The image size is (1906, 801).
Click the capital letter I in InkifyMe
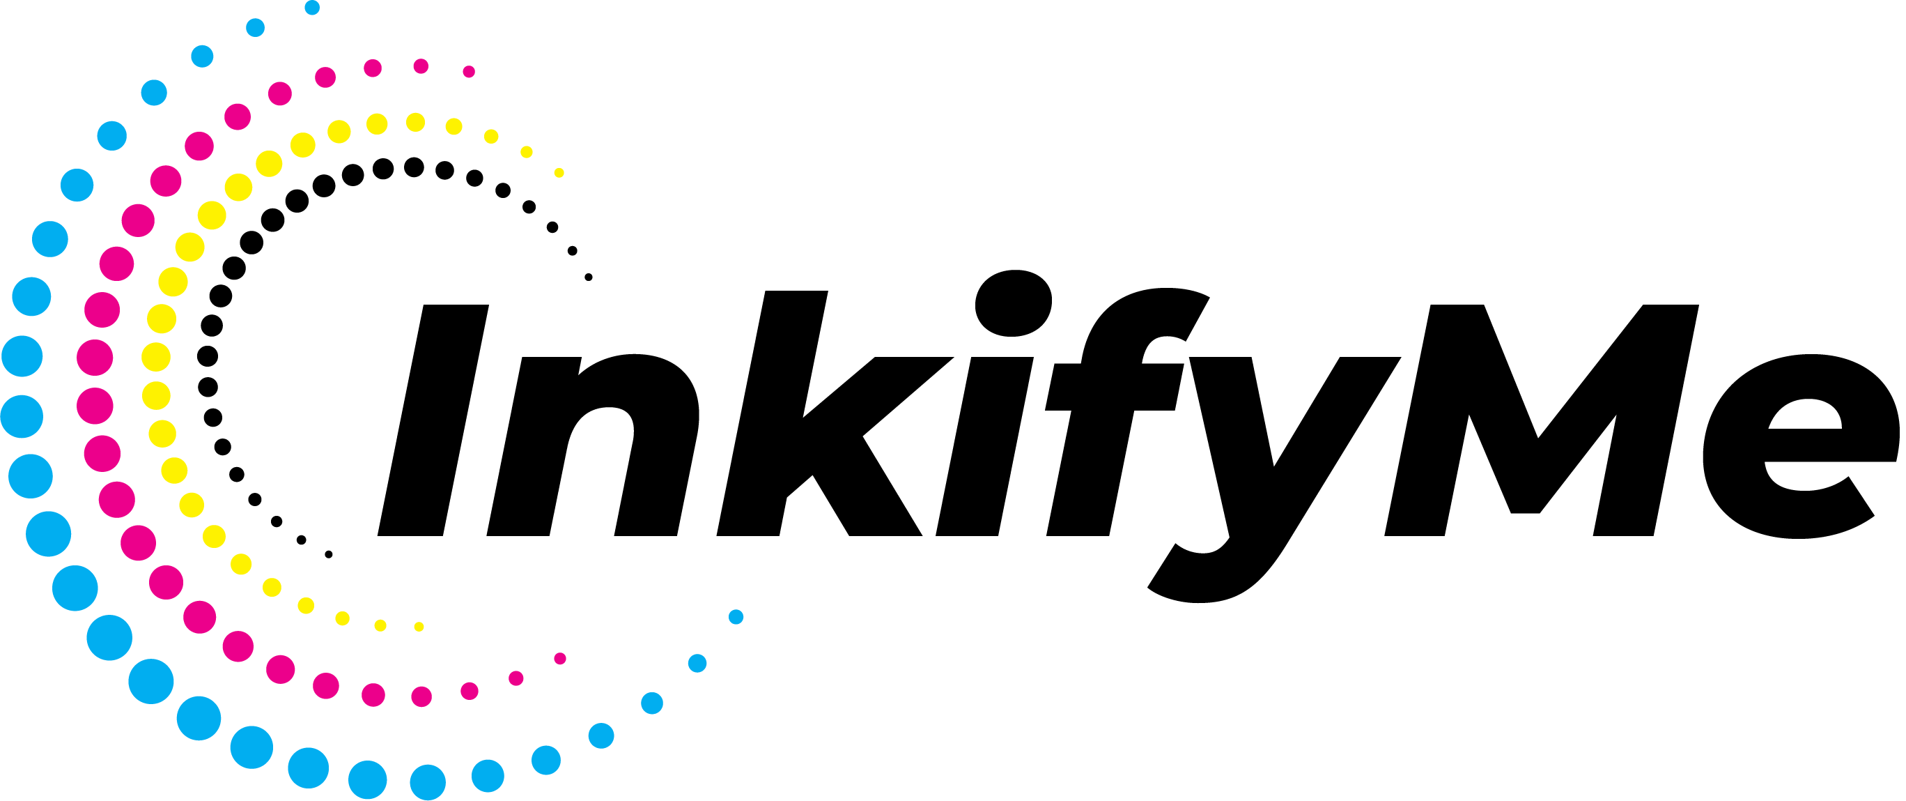pyautogui.click(x=433, y=420)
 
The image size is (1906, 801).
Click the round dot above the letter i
pyautogui.click(x=1014, y=303)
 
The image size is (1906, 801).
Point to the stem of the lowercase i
pyautogui.click(x=985, y=446)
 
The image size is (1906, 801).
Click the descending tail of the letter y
pyautogui.click(x=1214, y=570)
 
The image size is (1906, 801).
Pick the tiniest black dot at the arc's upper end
pyautogui.click(x=589, y=277)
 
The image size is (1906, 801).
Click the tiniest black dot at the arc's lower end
pyautogui.click(x=329, y=554)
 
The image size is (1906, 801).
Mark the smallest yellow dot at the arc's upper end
pyautogui.click(x=559, y=172)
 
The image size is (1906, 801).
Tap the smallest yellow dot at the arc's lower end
pyautogui.click(x=419, y=627)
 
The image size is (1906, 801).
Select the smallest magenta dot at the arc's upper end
pyautogui.click(x=469, y=72)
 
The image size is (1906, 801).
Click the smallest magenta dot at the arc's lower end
pyautogui.click(x=560, y=659)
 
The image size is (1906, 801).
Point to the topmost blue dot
pyautogui.click(x=312, y=8)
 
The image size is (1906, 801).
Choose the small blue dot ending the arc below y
pyautogui.click(x=736, y=617)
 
